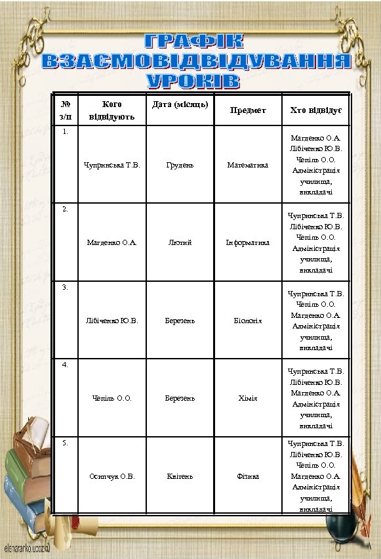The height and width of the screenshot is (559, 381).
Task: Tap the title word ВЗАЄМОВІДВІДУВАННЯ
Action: [194, 62]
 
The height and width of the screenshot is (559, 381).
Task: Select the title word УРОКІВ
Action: [193, 81]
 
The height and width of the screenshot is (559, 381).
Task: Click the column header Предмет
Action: [248, 110]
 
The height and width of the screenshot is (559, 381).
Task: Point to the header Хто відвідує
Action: [315, 110]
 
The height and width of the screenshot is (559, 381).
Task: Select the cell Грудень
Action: [180, 166]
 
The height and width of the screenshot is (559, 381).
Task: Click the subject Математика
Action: [248, 166]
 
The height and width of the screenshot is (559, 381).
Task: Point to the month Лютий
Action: [180, 242]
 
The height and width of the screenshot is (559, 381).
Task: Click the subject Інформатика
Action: [248, 242]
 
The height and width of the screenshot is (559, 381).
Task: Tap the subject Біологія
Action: [248, 321]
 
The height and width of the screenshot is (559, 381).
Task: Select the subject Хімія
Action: [248, 398]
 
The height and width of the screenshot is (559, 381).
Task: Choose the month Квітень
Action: [180, 476]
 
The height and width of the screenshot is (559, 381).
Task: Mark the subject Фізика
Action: [248, 476]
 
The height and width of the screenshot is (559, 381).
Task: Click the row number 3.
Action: [64, 287]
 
